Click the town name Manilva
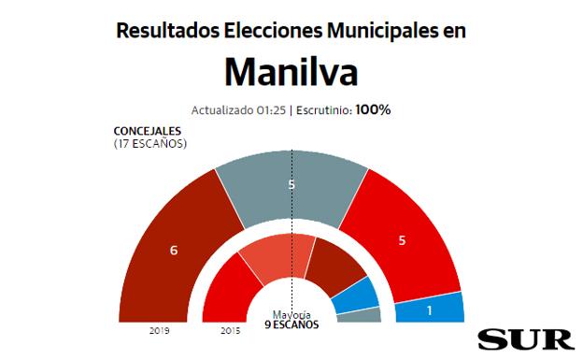point(291,73)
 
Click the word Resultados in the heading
point(161,30)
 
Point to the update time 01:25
point(269,110)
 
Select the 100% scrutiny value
point(373,109)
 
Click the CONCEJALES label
point(146,132)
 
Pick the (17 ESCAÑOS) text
point(149,144)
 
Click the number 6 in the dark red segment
point(174,250)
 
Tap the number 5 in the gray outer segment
point(291,185)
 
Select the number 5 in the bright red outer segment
point(402,240)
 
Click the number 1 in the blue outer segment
point(429,309)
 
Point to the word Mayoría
point(291,314)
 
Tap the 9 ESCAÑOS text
point(291,324)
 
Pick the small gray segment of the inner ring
point(359,316)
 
